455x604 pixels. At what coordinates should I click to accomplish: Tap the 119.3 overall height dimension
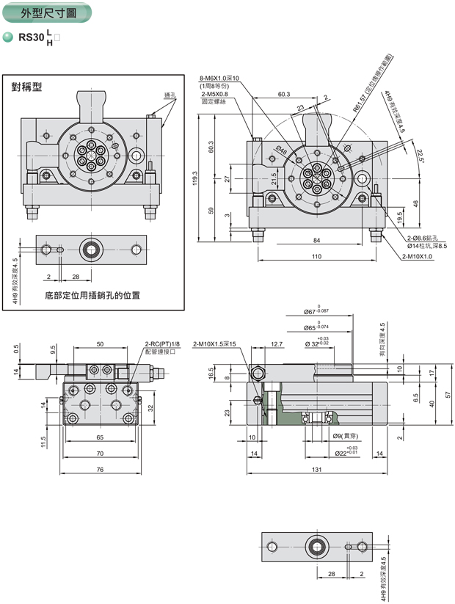195,180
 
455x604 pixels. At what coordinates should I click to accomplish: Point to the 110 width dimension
317,257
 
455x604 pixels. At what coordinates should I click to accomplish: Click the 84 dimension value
316,240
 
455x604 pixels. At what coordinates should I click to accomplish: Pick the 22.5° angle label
421,156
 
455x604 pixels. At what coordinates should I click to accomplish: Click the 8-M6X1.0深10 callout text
219,79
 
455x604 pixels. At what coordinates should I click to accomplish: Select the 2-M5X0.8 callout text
215,94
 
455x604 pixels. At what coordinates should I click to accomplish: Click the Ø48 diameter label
281,150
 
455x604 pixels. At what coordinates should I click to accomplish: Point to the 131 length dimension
317,471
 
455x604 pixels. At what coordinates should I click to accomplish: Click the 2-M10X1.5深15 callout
215,343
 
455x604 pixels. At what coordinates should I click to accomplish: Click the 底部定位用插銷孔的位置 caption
92,296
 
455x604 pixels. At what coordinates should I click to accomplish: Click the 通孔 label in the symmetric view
170,95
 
